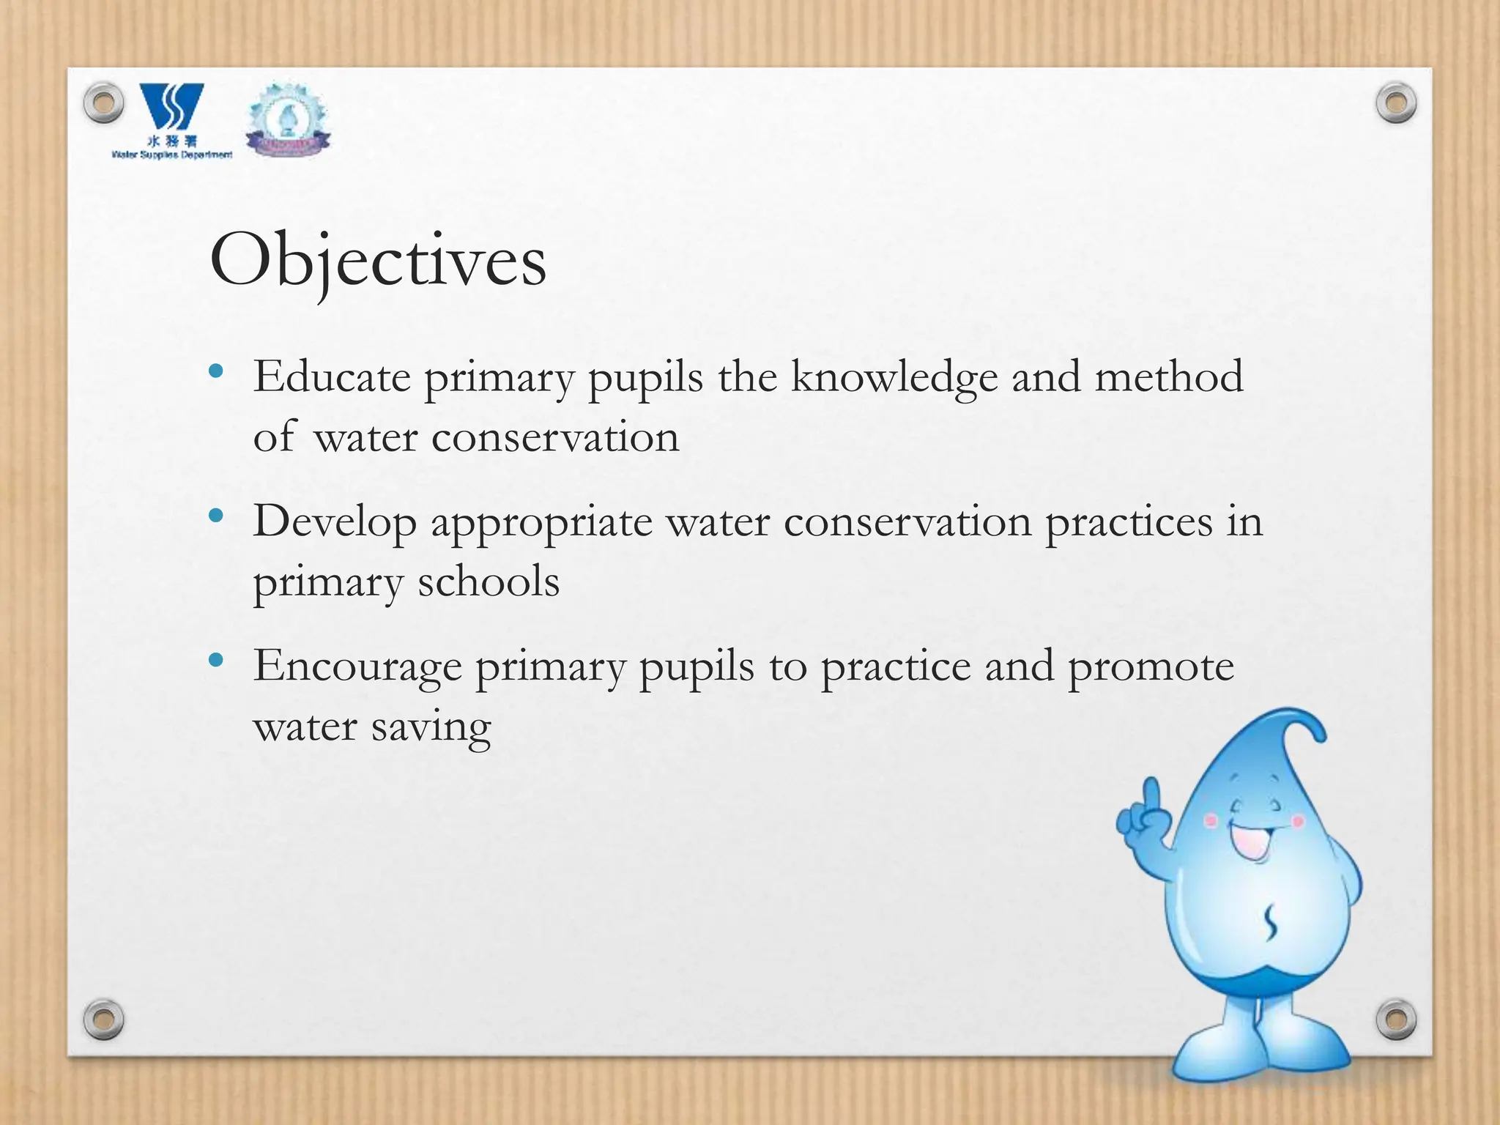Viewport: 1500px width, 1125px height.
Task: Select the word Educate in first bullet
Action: (332, 377)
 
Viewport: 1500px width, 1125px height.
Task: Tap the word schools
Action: (489, 582)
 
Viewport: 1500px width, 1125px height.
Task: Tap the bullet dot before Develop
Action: (215, 516)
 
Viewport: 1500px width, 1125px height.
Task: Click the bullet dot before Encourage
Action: (215, 661)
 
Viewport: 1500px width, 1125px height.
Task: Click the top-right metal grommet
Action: (1396, 103)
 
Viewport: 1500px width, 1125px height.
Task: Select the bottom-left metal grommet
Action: (103, 1019)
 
